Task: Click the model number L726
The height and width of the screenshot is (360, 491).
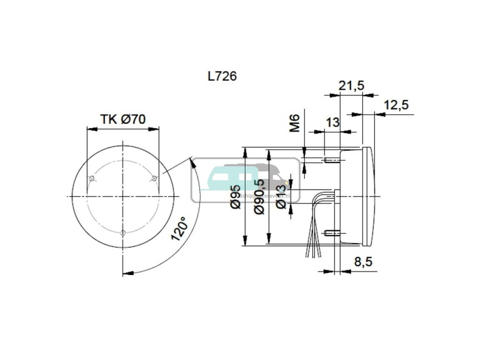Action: click(222, 76)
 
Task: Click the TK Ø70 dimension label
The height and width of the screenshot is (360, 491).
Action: click(123, 119)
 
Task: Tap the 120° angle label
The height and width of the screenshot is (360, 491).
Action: click(178, 230)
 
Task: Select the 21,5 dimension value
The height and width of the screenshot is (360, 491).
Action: click(351, 85)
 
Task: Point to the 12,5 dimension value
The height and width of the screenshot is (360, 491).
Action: click(396, 105)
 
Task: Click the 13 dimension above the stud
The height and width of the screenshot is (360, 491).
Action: click(332, 122)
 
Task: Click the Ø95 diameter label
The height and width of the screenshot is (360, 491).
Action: click(235, 197)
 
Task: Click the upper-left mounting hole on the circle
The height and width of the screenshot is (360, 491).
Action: click(92, 179)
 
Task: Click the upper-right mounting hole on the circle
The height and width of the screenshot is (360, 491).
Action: click(154, 179)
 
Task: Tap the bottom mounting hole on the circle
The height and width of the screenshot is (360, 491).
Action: click(123, 233)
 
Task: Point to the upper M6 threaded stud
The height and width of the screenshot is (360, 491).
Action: click(331, 160)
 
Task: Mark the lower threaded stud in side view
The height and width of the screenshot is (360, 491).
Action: click(331, 233)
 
